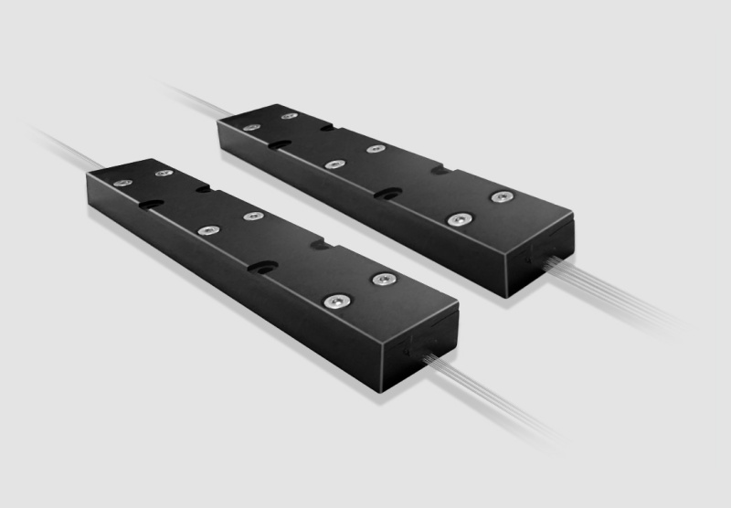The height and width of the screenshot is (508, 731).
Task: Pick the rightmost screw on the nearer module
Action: [x=381, y=277]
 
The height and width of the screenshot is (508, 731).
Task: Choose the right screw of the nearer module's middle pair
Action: [x=251, y=217]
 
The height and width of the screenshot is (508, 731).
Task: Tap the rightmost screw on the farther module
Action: [x=500, y=196]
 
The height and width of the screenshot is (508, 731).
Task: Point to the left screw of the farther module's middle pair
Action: [x=333, y=164]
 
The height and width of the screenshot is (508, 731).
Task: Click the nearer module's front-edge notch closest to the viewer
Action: [x=265, y=269]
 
